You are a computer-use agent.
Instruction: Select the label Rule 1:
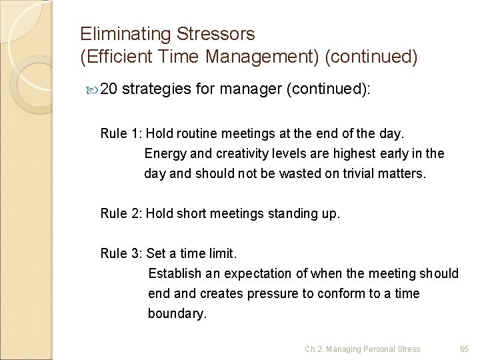pyautogui.click(x=121, y=133)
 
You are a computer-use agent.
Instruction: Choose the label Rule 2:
pyautogui.click(x=121, y=214)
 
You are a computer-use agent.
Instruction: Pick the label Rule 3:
pyautogui.click(x=121, y=253)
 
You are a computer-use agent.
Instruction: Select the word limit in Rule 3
pyautogui.click(x=221, y=253)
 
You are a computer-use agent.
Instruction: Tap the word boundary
pyautogui.click(x=177, y=313)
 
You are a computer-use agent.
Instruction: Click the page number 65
pyautogui.click(x=465, y=349)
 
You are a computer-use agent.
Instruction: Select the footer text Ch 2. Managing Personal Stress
pyautogui.click(x=363, y=349)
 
